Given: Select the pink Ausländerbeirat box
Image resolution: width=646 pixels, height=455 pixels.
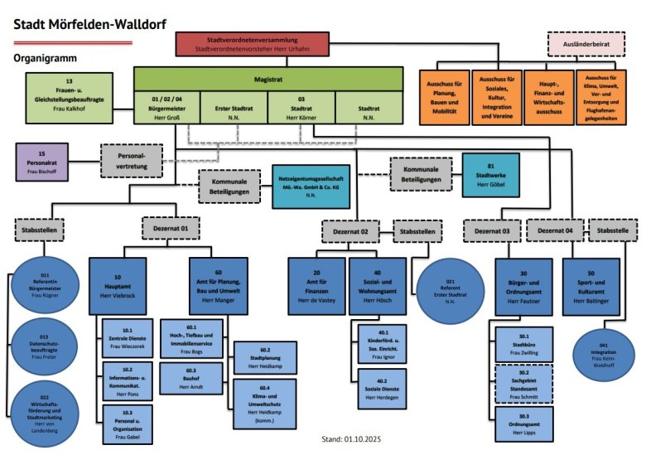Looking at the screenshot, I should coord(587,43).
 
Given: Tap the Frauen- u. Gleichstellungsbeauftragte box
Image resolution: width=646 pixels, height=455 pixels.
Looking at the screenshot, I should coord(70,95).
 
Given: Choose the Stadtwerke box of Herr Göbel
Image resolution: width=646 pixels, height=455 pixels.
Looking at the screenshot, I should coord(491,174).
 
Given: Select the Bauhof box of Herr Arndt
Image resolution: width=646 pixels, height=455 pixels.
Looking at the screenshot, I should coord(190,377).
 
